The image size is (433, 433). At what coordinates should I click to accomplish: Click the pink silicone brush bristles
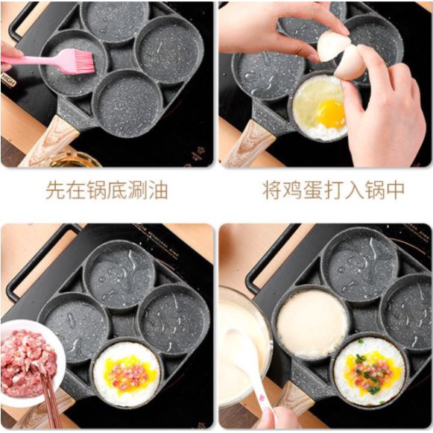[x=82, y=61]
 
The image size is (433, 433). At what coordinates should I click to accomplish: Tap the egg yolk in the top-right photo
[x=332, y=114]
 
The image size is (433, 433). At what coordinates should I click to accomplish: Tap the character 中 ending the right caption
[x=395, y=190]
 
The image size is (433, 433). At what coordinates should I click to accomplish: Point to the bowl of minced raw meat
[x=31, y=362]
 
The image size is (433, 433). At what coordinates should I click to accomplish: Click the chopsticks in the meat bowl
[x=51, y=401]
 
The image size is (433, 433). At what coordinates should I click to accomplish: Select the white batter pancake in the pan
[x=312, y=324]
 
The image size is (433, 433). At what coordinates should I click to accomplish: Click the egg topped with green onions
[x=370, y=371]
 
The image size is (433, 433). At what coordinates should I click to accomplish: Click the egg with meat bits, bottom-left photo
[x=127, y=374]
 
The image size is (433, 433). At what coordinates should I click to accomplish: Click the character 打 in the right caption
[x=334, y=190]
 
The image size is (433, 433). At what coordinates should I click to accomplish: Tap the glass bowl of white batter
[x=243, y=345]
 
